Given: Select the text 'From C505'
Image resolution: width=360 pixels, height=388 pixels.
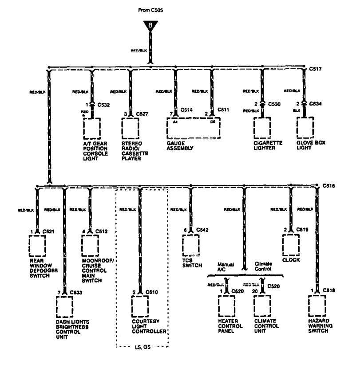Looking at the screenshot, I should coord(151,9).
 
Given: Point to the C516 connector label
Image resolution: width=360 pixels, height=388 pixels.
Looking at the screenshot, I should coord(328,185).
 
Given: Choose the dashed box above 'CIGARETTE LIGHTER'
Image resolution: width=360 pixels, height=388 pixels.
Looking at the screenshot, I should coord(262,128).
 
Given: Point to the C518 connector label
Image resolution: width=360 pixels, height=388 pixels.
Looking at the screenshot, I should coord(328,291).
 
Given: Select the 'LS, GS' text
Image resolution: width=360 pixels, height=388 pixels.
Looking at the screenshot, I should coord(142,347).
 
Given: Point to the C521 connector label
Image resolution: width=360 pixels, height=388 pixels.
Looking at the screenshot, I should coord(48,231).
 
